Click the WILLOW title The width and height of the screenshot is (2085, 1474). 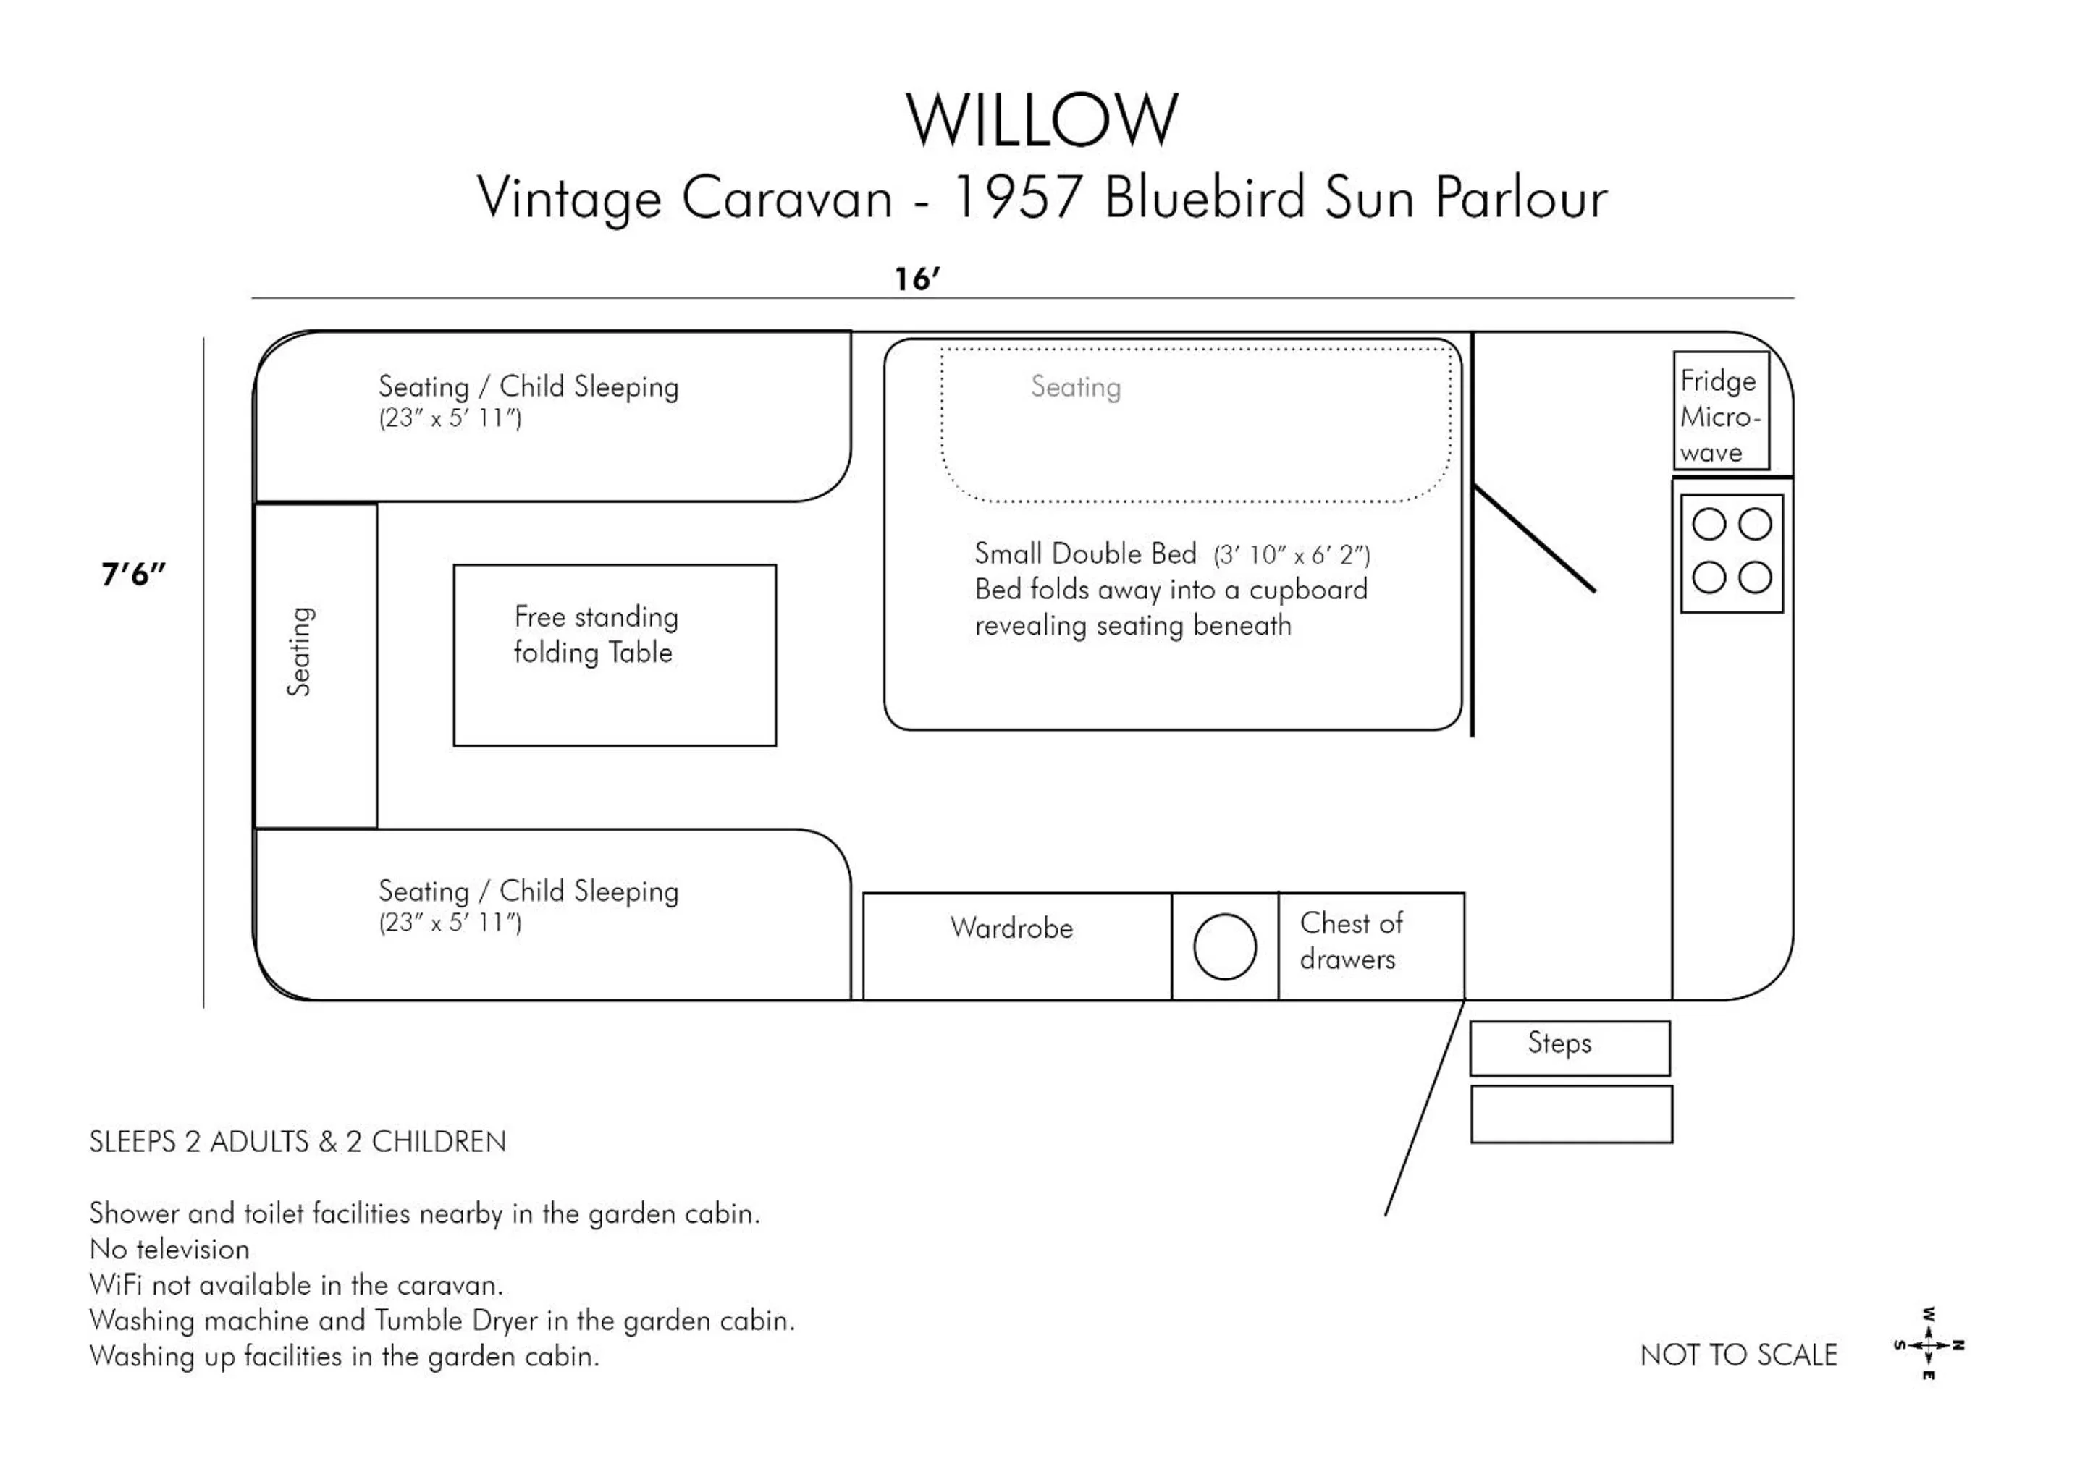tap(1042, 120)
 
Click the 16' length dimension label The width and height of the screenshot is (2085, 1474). tap(917, 279)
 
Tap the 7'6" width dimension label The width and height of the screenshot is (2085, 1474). tap(133, 574)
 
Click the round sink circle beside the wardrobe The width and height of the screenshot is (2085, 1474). tap(1224, 946)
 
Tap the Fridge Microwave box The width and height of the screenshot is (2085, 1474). tap(1721, 411)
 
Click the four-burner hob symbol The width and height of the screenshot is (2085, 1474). tap(1731, 553)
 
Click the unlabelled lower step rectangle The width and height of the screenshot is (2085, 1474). tap(1570, 1114)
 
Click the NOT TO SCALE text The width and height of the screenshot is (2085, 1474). tap(1738, 1355)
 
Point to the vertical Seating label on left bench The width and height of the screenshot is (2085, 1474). tap(300, 651)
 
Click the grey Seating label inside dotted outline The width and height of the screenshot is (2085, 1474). tap(1075, 388)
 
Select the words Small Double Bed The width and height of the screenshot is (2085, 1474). tap(1085, 554)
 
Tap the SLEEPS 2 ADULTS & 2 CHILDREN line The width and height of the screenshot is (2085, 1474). tap(297, 1142)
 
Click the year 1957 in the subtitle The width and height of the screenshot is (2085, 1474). tap(1017, 197)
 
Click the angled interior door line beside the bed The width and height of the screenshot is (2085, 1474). tap(1535, 539)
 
